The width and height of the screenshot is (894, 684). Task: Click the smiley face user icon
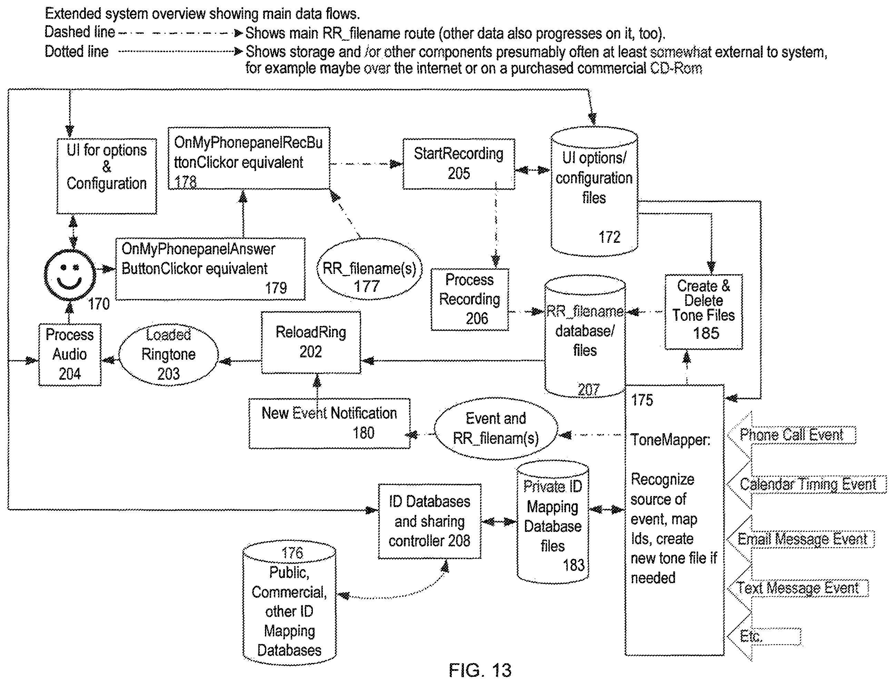coord(70,275)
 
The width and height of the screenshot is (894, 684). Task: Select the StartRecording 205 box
coord(458,164)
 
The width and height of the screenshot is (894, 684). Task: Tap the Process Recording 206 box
coord(469,299)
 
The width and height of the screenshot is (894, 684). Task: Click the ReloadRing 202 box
coord(311,342)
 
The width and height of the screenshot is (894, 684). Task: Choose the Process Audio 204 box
coord(70,354)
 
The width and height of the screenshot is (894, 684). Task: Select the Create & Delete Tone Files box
coord(704,311)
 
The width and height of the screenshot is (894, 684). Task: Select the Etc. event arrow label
coord(751,636)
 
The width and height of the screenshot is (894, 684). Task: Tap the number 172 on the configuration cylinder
coord(609,237)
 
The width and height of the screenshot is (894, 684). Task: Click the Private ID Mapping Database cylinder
coord(553,521)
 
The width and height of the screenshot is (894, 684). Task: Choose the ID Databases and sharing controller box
coord(429,521)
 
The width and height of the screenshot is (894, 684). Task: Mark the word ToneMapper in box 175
coord(670,440)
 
